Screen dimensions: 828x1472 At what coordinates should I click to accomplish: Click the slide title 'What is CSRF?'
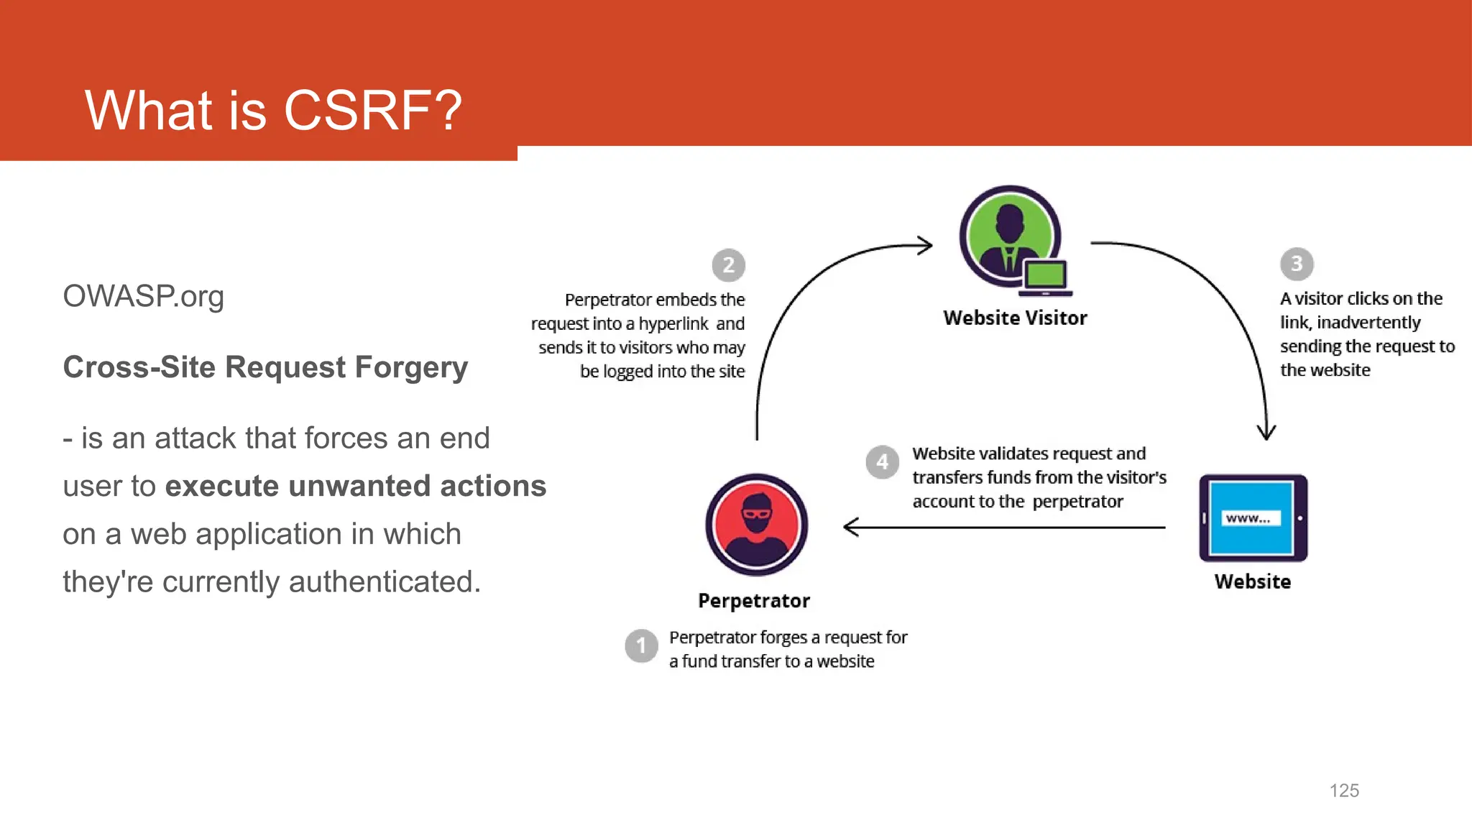click(x=273, y=111)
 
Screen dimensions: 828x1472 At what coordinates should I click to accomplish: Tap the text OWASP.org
click(x=143, y=296)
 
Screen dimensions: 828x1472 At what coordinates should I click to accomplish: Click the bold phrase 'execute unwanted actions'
click(x=356, y=487)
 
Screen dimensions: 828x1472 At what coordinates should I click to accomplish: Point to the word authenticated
click(x=384, y=581)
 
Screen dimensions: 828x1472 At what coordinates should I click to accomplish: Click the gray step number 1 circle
click(x=641, y=645)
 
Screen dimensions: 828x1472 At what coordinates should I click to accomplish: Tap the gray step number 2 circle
click(x=728, y=265)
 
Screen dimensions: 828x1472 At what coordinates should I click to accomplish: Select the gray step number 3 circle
click(x=1297, y=264)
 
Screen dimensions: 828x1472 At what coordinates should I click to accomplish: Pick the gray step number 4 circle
click(x=882, y=462)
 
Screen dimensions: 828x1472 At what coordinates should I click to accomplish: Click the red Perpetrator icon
click(x=756, y=525)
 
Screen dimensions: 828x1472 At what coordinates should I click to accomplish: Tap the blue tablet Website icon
click(x=1253, y=518)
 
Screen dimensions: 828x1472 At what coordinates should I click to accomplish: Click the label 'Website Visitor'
click(x=1015, y=318)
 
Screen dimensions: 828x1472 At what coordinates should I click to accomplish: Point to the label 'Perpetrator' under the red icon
click(x=754, y=601)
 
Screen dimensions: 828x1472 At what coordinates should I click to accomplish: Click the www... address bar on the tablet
click(x=1251, y=518)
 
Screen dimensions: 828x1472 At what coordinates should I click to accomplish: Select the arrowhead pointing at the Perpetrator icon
click(x=850, y=527)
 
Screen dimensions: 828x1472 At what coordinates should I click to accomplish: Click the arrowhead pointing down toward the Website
click(x=1266, y=433)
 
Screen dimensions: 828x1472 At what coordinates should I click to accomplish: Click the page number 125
click(x=1344, y=791)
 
